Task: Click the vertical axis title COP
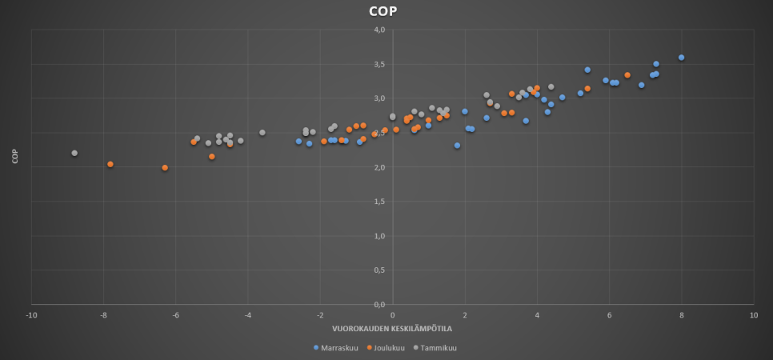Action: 15,157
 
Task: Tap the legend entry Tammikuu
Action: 437,348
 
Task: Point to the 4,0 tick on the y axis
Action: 380,30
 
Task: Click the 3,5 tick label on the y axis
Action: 380,65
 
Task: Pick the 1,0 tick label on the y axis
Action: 380,236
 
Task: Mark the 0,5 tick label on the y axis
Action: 380,270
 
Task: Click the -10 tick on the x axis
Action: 31,314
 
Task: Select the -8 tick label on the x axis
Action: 103,314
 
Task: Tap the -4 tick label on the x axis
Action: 248,314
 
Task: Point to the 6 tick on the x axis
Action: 609,314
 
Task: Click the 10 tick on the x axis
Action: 753,314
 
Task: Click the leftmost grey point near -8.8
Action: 74,153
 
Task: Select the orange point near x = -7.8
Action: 110,164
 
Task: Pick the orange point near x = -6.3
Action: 165,168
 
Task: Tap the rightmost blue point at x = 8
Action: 681,58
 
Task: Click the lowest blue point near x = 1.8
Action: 457,146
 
